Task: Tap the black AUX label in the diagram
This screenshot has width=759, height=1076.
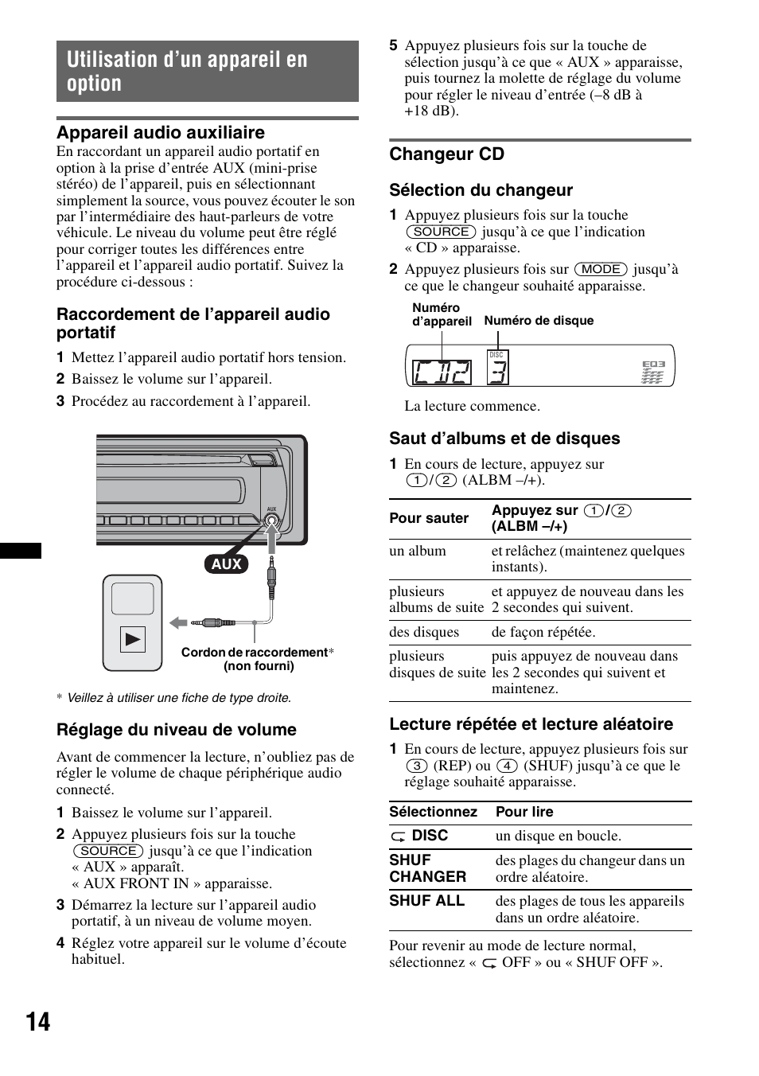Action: coord(227,563)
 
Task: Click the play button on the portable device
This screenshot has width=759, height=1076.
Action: coord(133,639)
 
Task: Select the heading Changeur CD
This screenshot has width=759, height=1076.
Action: coord(446,154)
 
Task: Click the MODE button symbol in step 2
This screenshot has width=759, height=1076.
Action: coord(601,270)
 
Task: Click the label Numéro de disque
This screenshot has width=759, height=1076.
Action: coord(539,321)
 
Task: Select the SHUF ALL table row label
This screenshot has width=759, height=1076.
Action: coord(426,901)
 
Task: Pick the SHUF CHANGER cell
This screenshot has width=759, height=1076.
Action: coord(427,868)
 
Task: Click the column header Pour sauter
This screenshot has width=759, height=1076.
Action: coord(429,518)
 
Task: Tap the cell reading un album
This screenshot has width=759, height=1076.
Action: coord(418,551)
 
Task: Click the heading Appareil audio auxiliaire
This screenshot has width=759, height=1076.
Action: coord(160,132)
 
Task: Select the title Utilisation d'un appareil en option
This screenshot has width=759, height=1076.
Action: coord(187,72)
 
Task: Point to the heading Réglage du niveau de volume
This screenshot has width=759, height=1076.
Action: coord(176,730)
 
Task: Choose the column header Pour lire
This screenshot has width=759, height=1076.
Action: coord(524,812)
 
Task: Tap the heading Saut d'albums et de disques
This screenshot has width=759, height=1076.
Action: coord(504,439)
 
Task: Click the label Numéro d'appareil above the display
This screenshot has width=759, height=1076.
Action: coord(442,314)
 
